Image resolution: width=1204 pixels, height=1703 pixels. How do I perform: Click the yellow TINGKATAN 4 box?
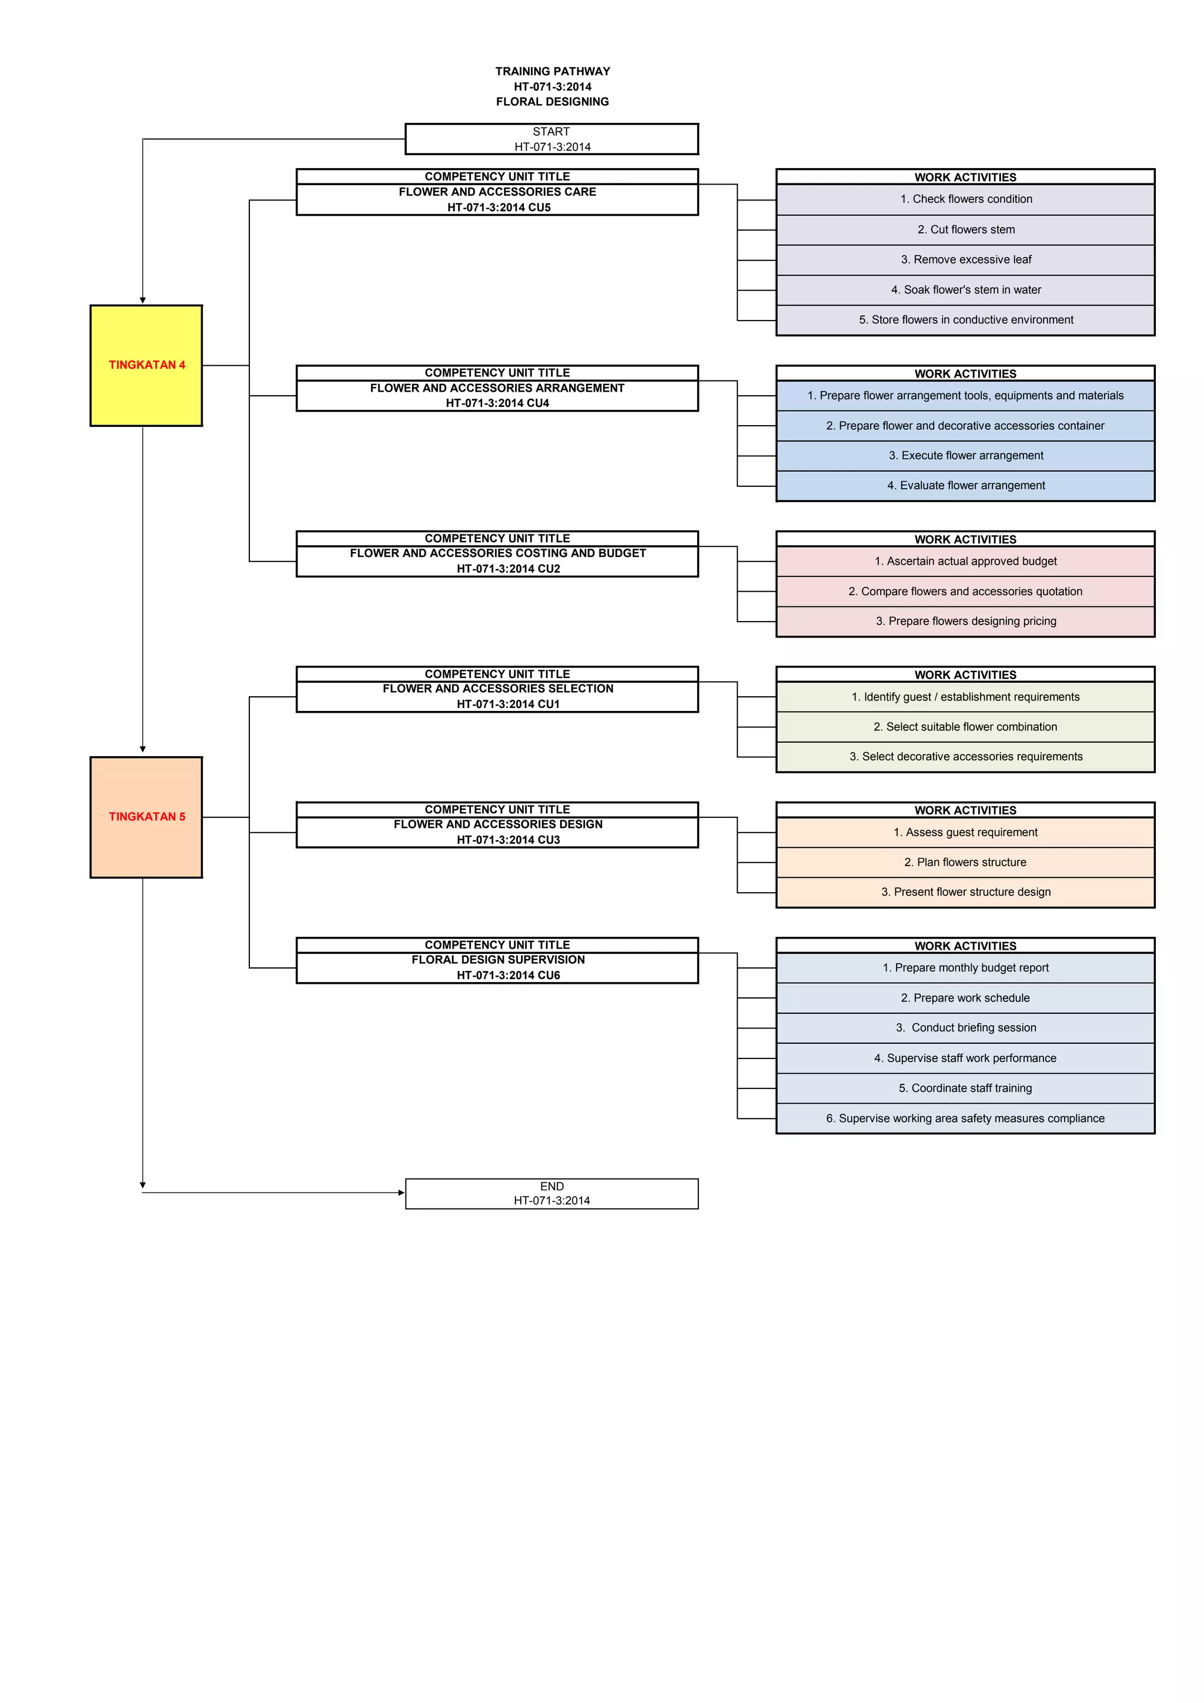tap(146, 365)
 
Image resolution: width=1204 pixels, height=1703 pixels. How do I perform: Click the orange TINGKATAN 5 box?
tap(146, 817)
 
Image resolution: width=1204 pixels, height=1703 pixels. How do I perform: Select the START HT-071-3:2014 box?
tap(551, 139)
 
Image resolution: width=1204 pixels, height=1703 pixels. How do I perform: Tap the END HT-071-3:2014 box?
tap(551, 1193)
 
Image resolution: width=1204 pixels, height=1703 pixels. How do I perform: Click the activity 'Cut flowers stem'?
tap(965, 230)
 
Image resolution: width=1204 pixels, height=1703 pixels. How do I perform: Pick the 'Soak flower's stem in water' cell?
tap(965, 290)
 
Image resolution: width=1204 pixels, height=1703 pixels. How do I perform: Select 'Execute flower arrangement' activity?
tap(965, 455)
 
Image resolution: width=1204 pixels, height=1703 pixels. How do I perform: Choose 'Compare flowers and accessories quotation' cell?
tap(965, 591)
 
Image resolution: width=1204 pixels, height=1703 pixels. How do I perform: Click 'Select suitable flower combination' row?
tap(965, 727)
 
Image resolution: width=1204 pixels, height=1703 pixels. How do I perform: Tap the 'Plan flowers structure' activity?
tap(965, 862)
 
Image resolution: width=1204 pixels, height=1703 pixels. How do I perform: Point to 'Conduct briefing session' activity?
tap(965, 1027)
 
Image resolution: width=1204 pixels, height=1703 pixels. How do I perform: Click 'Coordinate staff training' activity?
tap(965, 1088)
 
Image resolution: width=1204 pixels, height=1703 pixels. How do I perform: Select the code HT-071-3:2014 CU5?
tap(498, 208)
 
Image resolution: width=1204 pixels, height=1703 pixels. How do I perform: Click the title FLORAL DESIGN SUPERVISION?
tap(498, 960)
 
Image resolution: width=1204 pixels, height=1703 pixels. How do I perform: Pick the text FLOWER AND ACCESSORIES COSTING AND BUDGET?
tap(498, 553)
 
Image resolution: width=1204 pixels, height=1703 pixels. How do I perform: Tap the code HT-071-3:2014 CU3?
tap(508, 840)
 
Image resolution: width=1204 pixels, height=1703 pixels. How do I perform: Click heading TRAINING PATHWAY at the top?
tap(553, 71)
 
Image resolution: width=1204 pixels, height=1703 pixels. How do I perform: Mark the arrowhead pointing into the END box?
tap(401, 1193)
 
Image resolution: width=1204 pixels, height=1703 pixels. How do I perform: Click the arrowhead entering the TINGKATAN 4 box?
tap(143, 300)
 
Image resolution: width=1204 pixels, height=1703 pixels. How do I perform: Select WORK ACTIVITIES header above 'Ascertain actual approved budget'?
tap(965, 539)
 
